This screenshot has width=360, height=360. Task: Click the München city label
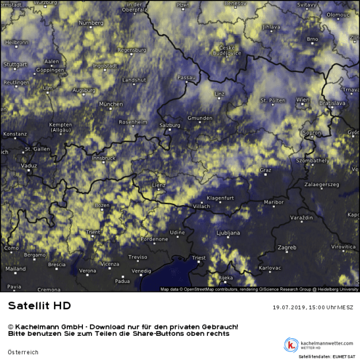[x=111, y=104]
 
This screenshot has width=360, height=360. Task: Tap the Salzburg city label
[x=169, y=125]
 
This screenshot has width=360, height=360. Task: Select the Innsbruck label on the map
[x=104, y=158]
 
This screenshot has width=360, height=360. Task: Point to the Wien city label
[x=302, y=100]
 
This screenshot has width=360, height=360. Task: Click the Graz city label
[x=266, y=170]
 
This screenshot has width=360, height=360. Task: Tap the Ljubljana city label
[x=228, y=233]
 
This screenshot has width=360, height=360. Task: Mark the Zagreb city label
[x=286, y=248]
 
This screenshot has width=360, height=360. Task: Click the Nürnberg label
[x=90, y=23]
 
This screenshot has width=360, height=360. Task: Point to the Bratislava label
[x=332, y=103]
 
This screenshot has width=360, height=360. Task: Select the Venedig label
[x=141, y=270]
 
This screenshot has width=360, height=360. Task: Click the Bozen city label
[x=102, y=205]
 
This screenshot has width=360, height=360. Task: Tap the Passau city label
[x=187, y=77]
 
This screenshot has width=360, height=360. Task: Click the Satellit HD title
[x=39, y=305]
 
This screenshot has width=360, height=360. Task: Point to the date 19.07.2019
[x=291, y=308]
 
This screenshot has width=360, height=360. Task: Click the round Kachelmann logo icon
[x=291, y=344]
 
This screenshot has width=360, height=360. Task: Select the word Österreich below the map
[x=23, y=352]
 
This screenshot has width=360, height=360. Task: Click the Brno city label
[x=312, y=39]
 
